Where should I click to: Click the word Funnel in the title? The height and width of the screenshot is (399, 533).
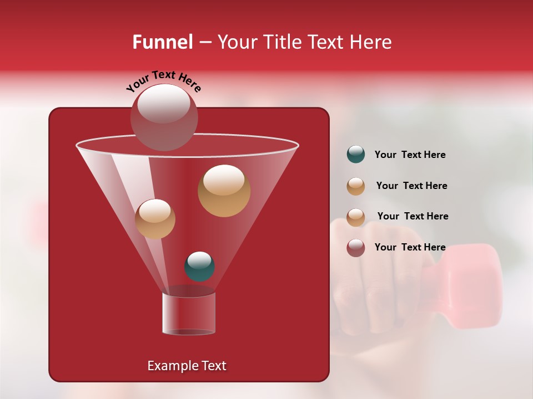tap(162, 42)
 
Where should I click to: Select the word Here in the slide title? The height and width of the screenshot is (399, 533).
tap(371, 42)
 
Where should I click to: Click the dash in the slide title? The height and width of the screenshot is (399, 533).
tap(204, 42)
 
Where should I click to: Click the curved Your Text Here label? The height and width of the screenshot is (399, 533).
tap(163, 81)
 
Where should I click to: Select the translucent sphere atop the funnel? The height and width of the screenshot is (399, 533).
tap(164, 116)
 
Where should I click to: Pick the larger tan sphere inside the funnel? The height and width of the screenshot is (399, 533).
tap(224, 191)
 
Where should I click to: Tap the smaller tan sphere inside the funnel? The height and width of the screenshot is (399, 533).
tap(155, 218)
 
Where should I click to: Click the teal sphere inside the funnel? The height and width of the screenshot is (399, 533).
tap(199, 267)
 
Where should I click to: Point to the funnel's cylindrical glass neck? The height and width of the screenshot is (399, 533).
tap(189, 314)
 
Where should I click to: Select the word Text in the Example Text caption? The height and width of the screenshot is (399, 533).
tap(213, 366)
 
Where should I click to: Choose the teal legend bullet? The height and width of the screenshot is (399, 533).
tap(356, 155)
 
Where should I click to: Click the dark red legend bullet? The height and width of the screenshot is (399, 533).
tap(356, 248)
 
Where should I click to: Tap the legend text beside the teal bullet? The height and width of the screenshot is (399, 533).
tap(410, 155)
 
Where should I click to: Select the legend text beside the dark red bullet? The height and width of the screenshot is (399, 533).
tap(410, 247)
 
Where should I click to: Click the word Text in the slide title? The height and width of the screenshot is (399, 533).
tap(328, 42)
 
